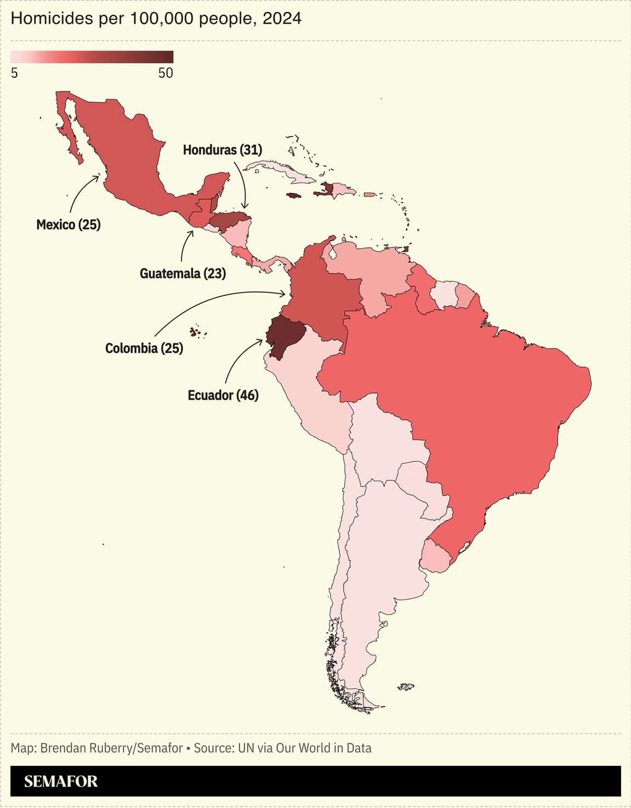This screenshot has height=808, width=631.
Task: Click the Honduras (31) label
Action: click(223, 150)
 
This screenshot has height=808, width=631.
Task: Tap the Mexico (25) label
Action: click(69, 224)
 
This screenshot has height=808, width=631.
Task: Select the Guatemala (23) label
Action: click(183, 273)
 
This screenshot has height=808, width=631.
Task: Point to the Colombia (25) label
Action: click(144, 348)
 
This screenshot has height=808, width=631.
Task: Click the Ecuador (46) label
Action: click(223, 395)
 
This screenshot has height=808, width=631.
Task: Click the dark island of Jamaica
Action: click(294, 195)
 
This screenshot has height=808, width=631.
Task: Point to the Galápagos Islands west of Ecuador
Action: click(195, 332)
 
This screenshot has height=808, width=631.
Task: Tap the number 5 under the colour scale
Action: click(14, 73)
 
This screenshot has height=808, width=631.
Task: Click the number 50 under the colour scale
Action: click(166, 73)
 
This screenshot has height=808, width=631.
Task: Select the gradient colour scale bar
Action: click(92, 57)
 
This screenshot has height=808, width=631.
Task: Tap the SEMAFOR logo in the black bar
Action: click(61, 781)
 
